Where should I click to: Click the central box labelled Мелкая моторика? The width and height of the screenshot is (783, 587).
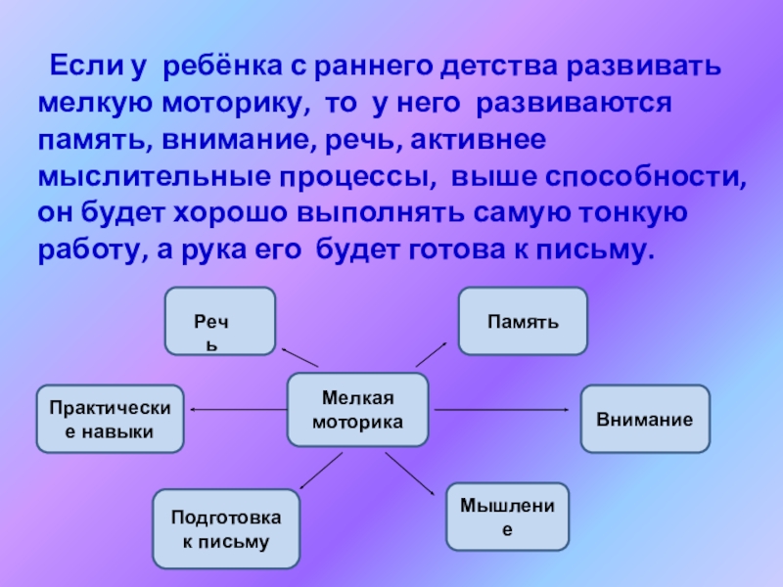[357, 409]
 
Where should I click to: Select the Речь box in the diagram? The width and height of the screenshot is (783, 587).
[219, 321]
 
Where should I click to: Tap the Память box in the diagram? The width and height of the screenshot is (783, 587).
[524, 321]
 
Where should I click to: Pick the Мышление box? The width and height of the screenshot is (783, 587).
[507, 516]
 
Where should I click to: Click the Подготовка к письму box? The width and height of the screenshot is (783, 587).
[226, 528]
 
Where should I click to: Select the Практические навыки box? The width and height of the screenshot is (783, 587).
[110, 419]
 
